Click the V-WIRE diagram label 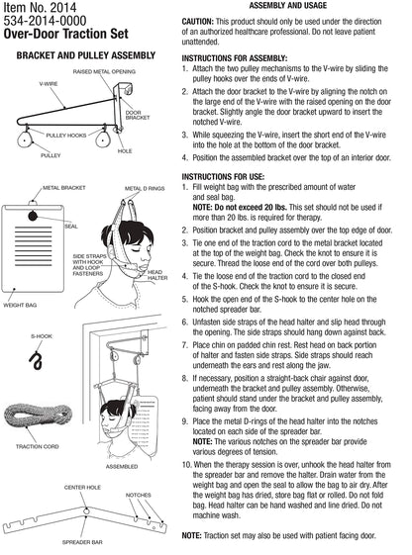[49, 85]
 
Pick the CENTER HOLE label [83, 488]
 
